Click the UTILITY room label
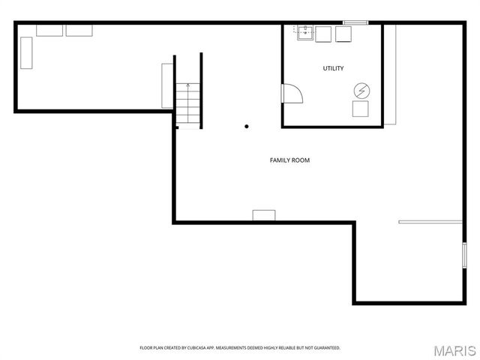pos(333,69)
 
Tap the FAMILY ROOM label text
pos(289,160)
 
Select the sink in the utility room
pos(304,34)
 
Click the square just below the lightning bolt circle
pos(361,109)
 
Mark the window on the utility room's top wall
pos(355,23)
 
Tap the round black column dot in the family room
pos(246,127)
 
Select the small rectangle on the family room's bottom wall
pos(263,215)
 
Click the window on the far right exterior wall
pos(464,255)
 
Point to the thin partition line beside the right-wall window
pos(430,222)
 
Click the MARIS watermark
pos(455,350)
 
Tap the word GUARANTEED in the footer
pos(327,348)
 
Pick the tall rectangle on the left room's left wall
pos(26,54)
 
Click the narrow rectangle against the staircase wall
pos(167,85)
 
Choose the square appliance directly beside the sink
pos(324,34)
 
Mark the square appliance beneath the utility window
pos(344,34)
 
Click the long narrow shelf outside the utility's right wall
pos(390,75)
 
